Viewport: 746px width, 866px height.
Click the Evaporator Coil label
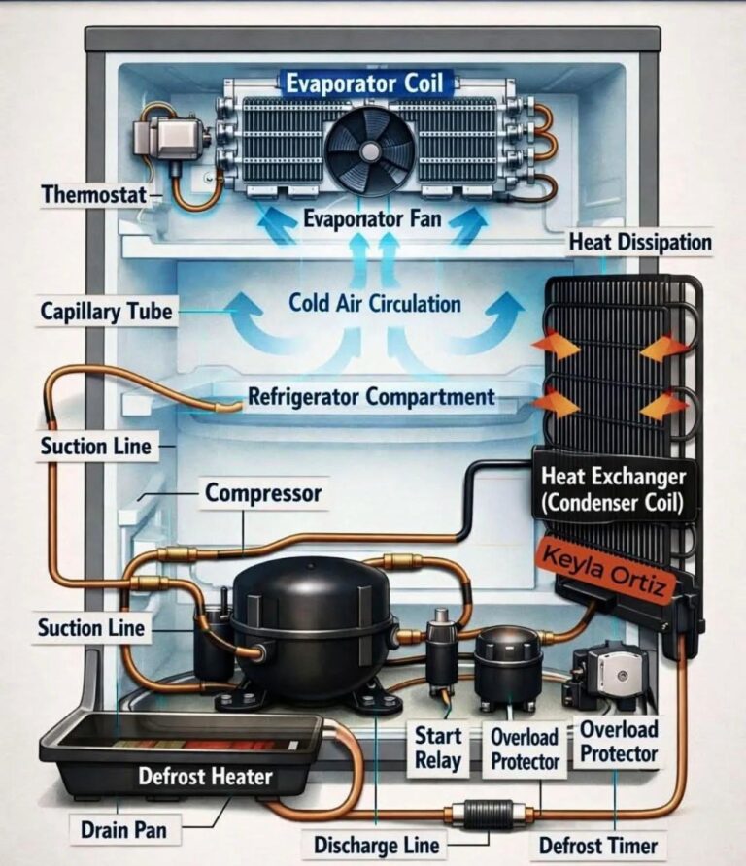(x=363, y=83)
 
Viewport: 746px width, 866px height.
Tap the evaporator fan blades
(x=369, y=150)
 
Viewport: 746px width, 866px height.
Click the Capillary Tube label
(x=107, y=312)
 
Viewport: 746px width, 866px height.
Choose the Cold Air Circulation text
(x=375, y=303)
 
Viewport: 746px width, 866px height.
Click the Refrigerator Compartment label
(x=371, y=397)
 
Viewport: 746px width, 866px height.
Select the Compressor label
(x=262, y=493)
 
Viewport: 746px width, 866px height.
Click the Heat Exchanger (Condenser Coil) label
(x=615, y=490)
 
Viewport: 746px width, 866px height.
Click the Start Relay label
(x=437, y=748)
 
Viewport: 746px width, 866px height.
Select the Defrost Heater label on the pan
(x=205, y=777)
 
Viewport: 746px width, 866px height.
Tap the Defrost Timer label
(x=597, y=845)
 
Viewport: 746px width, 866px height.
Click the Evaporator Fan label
(x=372, y=218)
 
